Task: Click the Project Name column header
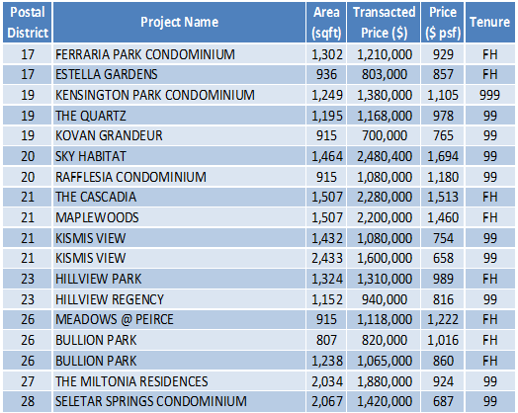click(179, 22)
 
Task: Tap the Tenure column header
click(489, 22)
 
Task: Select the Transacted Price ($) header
click(384, 22)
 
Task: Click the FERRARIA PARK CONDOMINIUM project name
click(145, 54)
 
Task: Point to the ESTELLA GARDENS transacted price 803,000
click(385, 74)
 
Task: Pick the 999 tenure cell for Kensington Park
click(489, 95)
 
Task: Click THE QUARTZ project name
click(91, 116)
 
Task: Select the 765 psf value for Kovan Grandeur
click(443, 135)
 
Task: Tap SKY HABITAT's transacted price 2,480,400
click(385, 156)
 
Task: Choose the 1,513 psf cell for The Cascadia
click(443, 197)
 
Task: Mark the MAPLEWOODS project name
click(97, 218)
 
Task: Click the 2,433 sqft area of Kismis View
click(327, 258)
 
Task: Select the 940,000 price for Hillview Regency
click(385, 299)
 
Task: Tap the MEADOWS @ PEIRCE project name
click(115, 319)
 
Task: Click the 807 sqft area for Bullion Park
click(326, 340)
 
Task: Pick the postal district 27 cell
click(28, 381)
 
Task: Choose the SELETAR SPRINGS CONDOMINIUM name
click(151, 401)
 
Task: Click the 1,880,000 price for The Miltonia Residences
click(385, 381)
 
